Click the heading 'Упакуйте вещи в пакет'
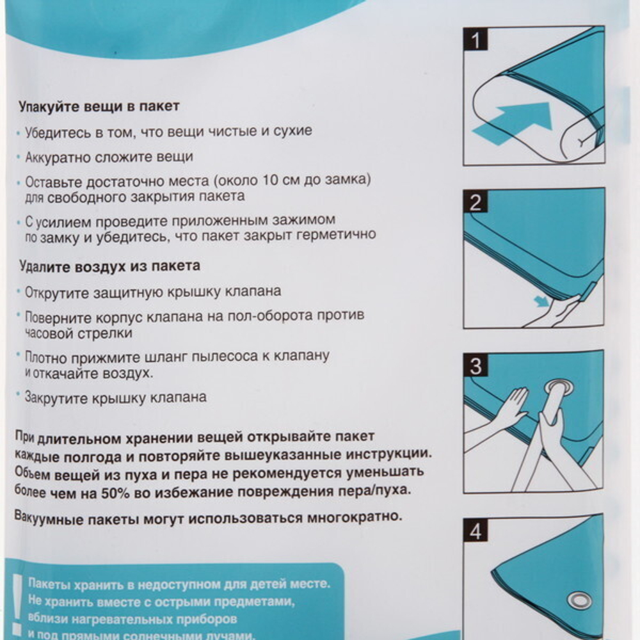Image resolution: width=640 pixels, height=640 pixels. (99, 106)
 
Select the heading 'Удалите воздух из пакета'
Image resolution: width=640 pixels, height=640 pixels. (109, 265)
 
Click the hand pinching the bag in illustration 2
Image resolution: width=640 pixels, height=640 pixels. (554, 312)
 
